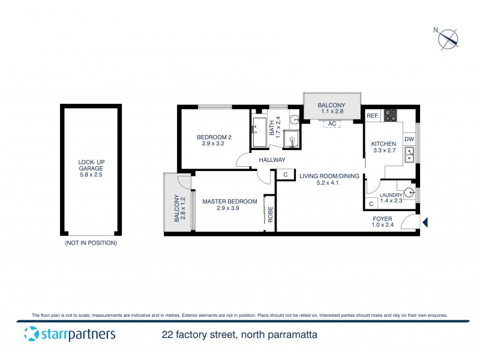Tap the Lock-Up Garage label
[x=91, y=166]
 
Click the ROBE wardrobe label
[x=271, y=215]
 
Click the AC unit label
[x=332, y=124]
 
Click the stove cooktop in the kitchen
[x=391, y=115]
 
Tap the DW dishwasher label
[x=409, y=140]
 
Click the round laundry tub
[x=409, y=193]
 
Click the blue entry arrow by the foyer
[x=425, y=223]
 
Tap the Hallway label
[x=272, y=160]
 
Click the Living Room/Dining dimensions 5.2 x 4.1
[x=328, y=184]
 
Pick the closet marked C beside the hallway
[x=286, y=175]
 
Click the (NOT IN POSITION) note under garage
[x=91, y=244]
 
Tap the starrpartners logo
[x=70, y=334]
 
